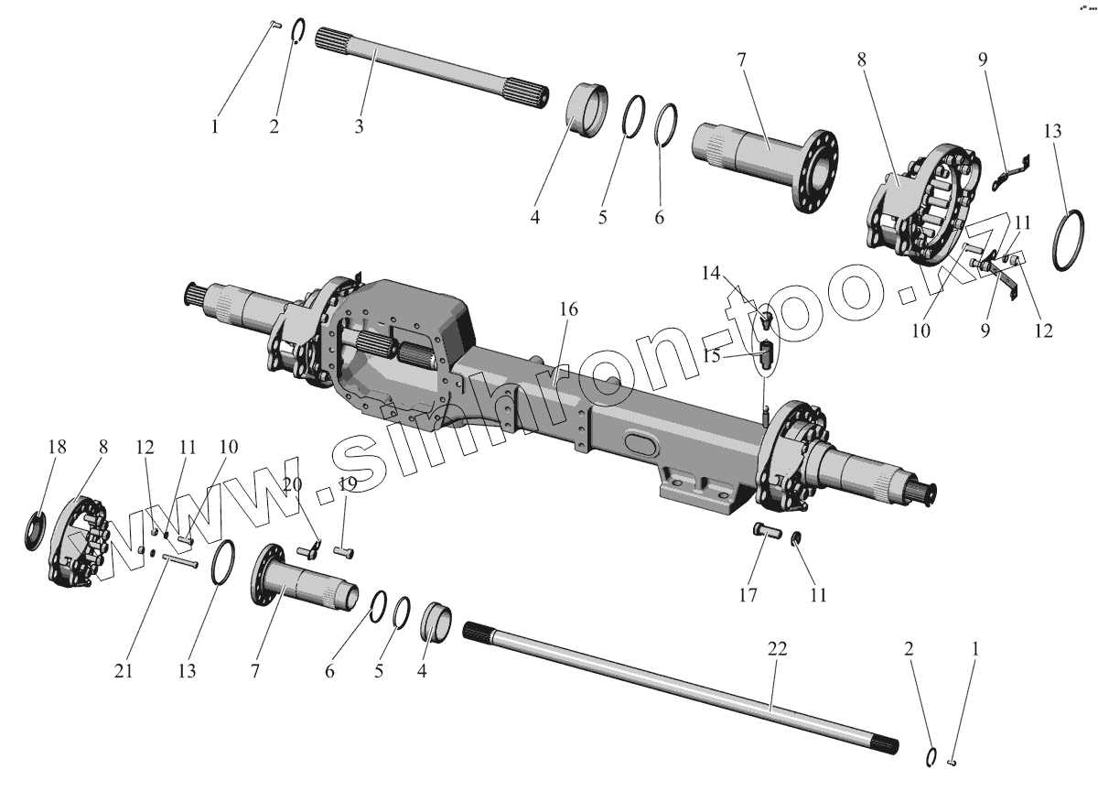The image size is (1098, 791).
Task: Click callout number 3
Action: [359, 126]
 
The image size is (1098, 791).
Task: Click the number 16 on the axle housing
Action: [568, 309]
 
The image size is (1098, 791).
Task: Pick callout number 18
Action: [58, 446]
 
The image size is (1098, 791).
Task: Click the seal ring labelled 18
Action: [37, 533]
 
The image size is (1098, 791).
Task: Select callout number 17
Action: [748, 595]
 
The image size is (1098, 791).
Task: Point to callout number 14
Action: [712, 273]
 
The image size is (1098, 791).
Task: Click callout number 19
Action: [347, 484]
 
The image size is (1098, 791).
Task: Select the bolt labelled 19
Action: [344, 551]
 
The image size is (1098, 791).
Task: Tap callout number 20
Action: [292, 484]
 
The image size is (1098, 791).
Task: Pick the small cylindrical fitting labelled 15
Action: [767, 351]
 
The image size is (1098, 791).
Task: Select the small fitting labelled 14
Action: [767, 320]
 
